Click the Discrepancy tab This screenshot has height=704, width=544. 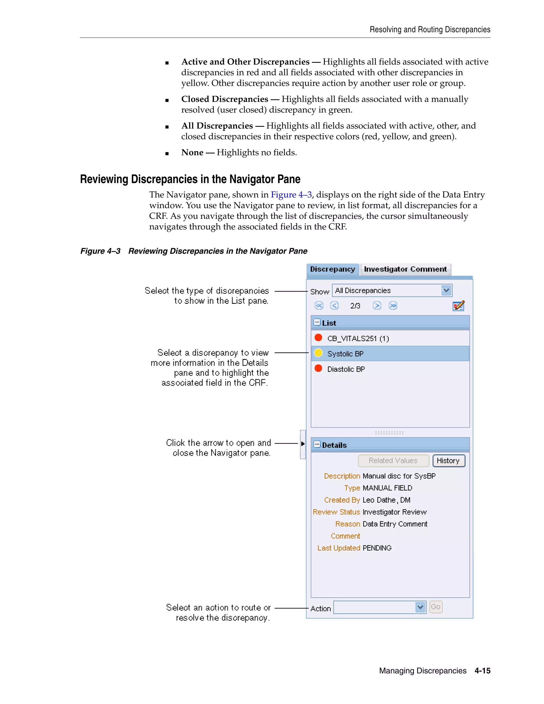pos(332,269)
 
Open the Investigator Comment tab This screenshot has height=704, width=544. pos(405,269)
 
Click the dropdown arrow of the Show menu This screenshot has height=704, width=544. pos(446,290)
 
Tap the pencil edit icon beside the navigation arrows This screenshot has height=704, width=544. pos(458,306)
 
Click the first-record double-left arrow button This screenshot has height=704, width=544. pos(319,306)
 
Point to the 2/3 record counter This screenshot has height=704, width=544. pos(355,306)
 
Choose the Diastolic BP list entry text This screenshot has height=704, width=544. pos(346,369)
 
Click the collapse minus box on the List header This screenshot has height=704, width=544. pos(317,322)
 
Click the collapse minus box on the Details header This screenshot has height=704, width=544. pos(317,444)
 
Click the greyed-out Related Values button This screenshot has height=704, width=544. pos(393,461)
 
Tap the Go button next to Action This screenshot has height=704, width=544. pos(436,607)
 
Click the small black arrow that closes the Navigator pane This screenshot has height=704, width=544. pos(303,444)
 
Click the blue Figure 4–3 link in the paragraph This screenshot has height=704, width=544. pos(291,195)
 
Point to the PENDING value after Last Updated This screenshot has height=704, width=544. pos(377,548)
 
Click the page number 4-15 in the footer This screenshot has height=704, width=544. pos(482,671)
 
